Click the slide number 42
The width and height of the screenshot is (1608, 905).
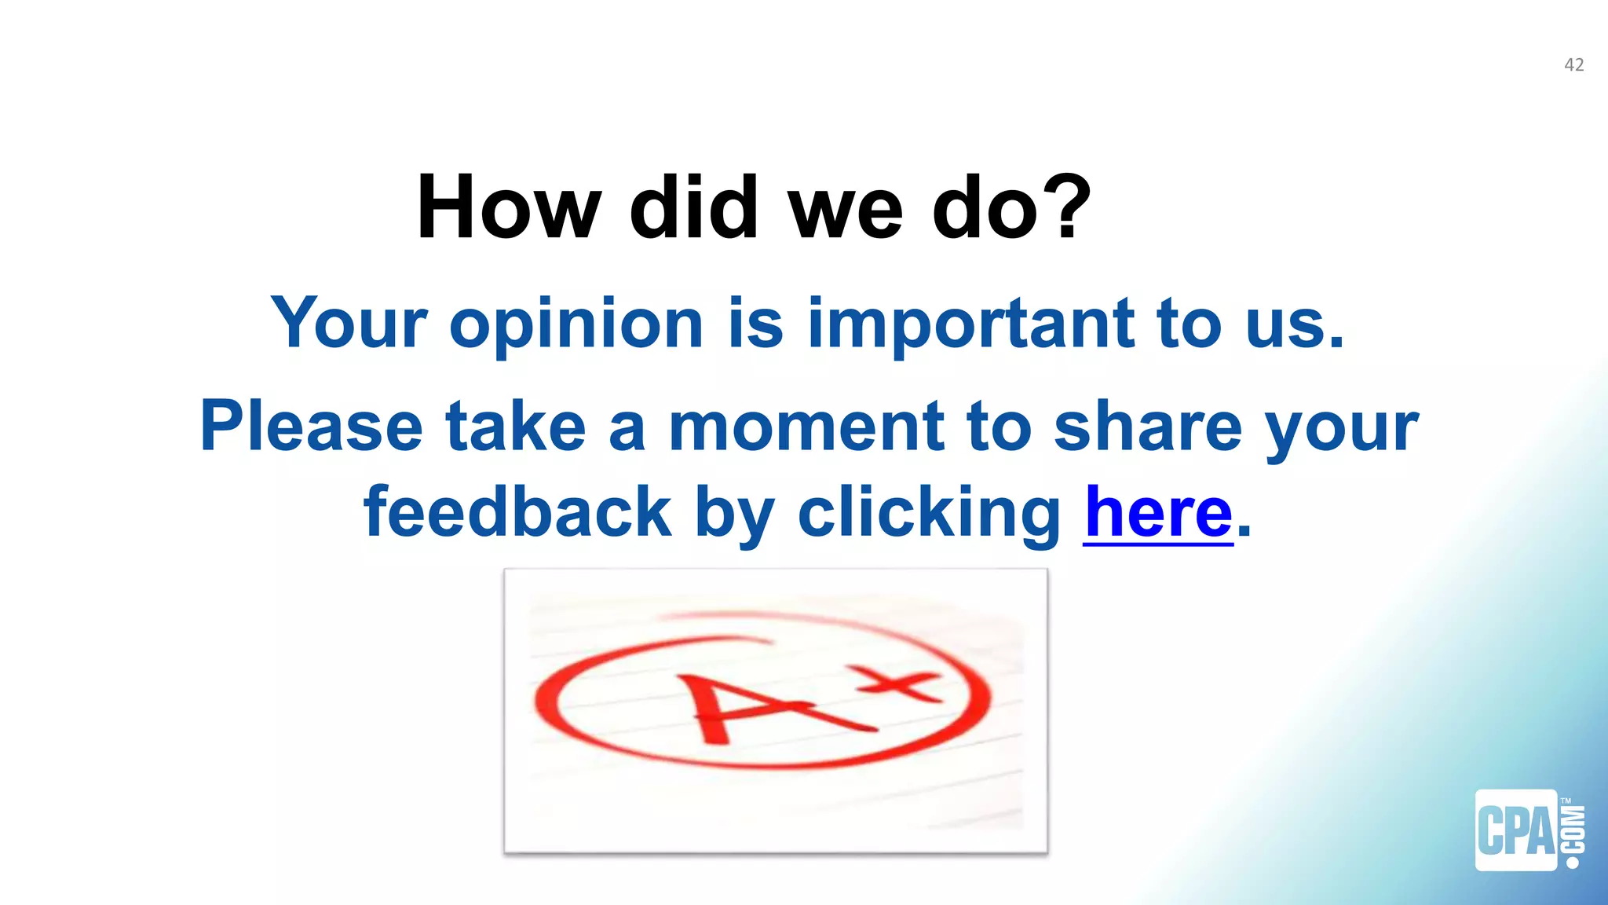(x=1573, y=65)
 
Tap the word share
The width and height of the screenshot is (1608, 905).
(x=1147, y=427)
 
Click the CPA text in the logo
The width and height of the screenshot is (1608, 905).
(x=1516, y=831)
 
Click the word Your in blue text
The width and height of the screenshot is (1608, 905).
(x=349, y=323)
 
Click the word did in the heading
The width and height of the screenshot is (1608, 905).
(x=693, y=207)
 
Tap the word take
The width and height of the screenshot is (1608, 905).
(x=516, y=427)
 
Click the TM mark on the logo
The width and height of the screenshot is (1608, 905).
(x=1566, y=801)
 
